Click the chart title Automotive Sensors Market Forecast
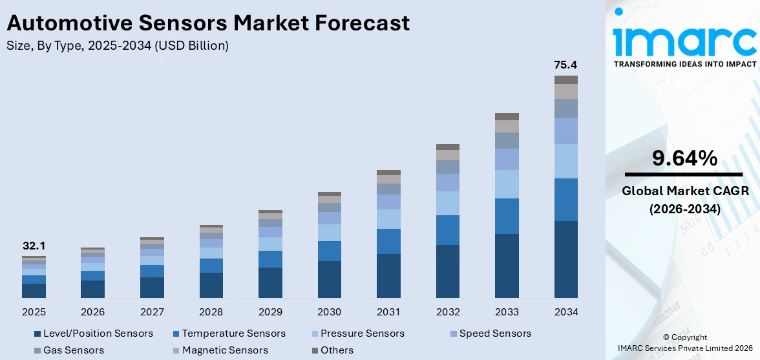208,23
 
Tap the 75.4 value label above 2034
565,65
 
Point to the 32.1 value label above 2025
34,246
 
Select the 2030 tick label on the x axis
329,312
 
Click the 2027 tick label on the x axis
152,312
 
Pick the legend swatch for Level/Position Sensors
37,334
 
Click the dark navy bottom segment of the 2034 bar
565,259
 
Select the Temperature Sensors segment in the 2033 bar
507,216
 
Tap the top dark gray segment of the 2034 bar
565,79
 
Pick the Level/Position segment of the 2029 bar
270,282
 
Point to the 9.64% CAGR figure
684,158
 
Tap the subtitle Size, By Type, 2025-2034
117,45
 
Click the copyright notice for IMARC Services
684,343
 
